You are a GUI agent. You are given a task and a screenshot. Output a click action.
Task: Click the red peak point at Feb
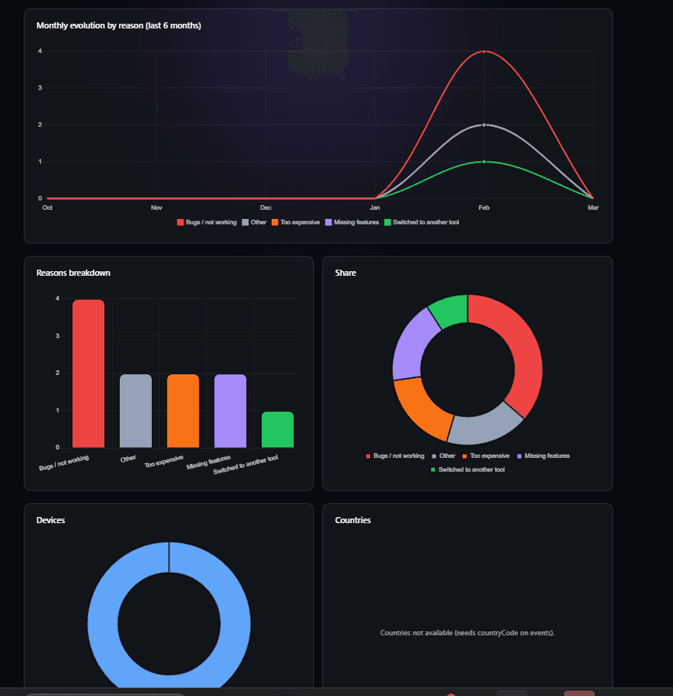(483, 51)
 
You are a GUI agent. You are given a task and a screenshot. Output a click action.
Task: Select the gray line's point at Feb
(483, 125)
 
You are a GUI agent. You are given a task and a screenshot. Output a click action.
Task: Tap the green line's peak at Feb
(483, 162)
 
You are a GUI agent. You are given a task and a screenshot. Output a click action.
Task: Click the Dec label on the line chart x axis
(266, 208)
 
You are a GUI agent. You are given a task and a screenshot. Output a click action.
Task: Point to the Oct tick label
(48, 208)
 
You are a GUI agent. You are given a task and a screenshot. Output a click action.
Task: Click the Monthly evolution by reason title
(118, 26)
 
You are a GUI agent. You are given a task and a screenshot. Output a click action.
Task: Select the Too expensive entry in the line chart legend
(295, 222)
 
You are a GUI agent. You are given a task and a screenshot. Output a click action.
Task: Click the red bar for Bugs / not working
(88, 374)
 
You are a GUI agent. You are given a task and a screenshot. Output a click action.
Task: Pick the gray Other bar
(136, 411)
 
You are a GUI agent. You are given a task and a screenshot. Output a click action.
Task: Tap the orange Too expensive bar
(183, 411)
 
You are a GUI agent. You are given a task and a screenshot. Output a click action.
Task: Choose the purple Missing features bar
(230, 411)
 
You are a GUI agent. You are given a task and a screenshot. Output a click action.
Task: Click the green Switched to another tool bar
(277, 430)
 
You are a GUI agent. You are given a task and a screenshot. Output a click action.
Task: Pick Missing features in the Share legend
(546, 456)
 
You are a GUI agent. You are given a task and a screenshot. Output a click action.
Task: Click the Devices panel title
(51, 520)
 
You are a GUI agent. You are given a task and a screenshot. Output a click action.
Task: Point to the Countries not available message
(467, 633)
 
